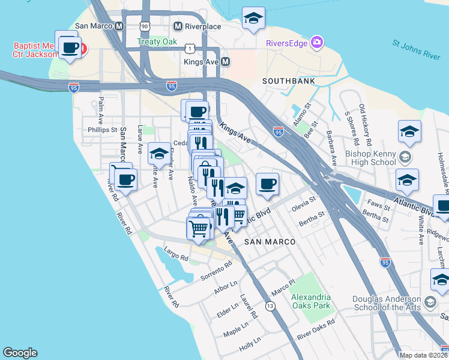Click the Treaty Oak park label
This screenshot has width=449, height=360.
pos(157,41)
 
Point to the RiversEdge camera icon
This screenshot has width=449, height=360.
pos(316,42)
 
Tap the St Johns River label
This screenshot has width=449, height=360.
pos(416,49)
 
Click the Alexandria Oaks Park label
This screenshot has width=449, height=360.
pos(311,301)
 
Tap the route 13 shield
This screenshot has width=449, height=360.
pos(271,307)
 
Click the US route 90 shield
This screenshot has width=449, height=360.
pos(145,26)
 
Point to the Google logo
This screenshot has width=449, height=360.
pos(20,353)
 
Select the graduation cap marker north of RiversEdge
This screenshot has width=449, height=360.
pos(253,19)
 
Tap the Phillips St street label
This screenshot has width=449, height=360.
pos(102,129)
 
